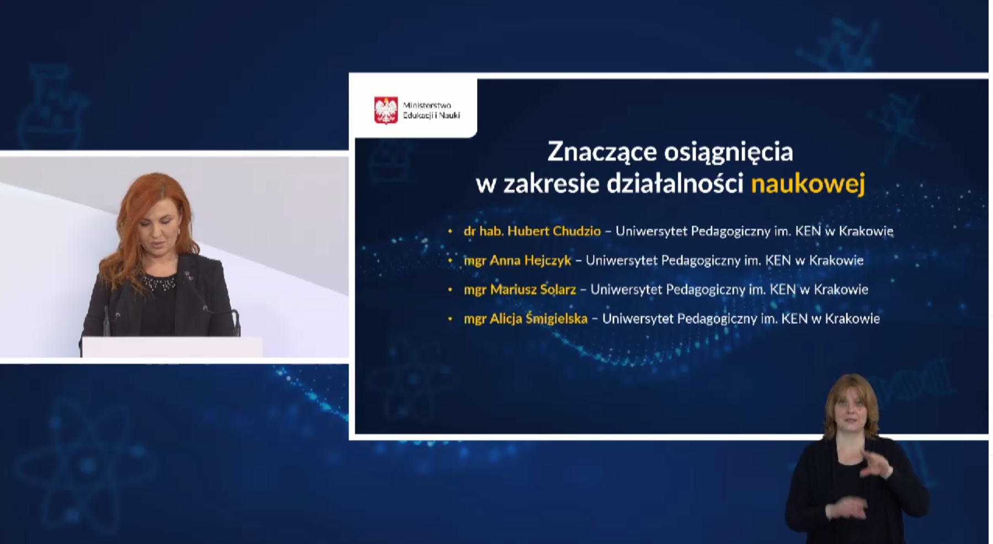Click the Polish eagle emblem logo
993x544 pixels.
386,110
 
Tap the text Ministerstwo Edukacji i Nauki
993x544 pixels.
431,110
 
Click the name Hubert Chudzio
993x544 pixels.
554,231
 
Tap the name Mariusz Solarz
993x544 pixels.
533,289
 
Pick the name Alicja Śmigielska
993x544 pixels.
538,318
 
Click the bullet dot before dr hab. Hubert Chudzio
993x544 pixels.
450,232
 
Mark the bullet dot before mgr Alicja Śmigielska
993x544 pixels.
450,319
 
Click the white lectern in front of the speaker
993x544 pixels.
172,347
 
